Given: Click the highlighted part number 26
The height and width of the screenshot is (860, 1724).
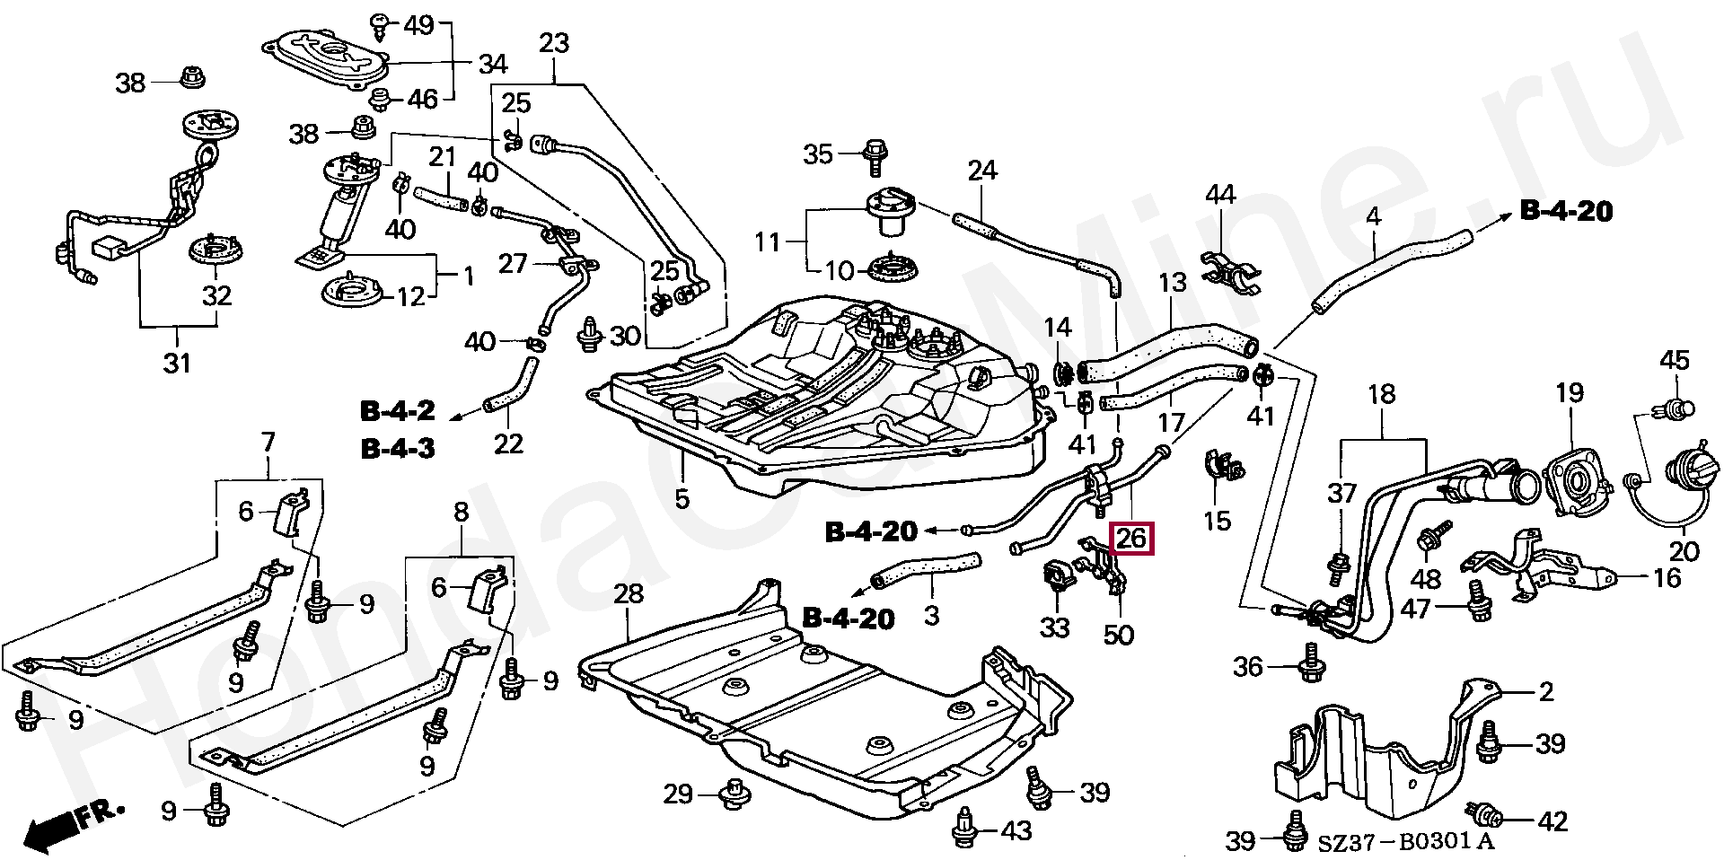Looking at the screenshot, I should (1131, 539).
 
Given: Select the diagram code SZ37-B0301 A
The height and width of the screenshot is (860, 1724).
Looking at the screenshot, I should (1406, 841).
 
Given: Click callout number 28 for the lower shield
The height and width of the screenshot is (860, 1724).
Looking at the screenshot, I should (629, 594).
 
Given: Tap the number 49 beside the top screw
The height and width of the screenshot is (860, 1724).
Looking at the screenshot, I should (418, 25).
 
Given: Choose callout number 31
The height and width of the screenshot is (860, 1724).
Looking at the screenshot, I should (177, 363).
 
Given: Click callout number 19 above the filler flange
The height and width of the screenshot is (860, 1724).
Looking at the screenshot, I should (1570, 392).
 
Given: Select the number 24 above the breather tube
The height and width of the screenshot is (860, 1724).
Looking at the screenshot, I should (982, 171).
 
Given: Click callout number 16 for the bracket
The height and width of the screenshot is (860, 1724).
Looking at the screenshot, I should (1667, 577).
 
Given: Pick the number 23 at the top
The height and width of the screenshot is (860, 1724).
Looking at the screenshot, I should (554, 43).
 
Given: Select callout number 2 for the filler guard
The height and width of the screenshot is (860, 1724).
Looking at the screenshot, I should (1546, 692).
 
